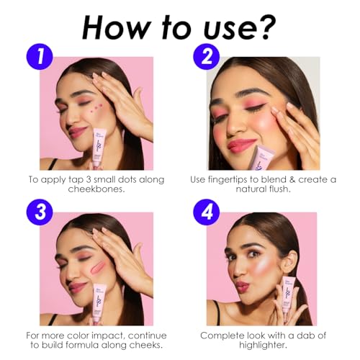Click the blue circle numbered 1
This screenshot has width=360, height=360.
40,57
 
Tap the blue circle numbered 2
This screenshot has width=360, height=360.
207,57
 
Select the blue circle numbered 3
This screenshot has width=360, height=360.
40,212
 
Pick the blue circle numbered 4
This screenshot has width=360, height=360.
207,212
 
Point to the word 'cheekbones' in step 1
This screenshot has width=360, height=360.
96,189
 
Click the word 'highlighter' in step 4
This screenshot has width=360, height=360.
263,345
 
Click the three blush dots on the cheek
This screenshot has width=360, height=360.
96,107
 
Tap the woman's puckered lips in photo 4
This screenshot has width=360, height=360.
241,287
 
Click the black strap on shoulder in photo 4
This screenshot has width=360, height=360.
217,312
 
